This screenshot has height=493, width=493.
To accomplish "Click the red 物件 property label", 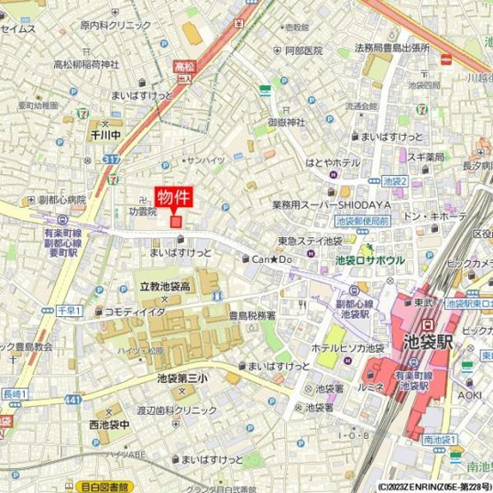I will click(176, 197).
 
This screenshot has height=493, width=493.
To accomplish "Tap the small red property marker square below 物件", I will click(176, 220).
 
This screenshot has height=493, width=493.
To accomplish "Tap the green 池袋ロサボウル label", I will click(370, 260).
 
